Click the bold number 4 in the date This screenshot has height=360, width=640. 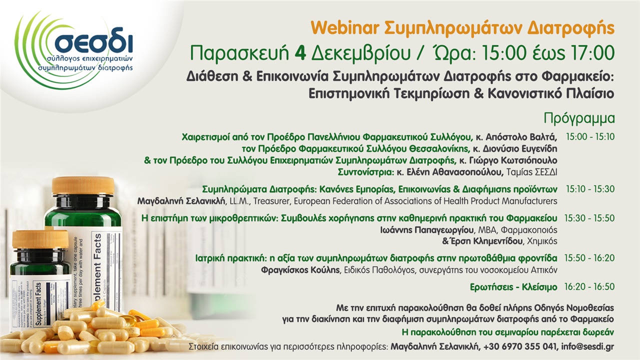click(x=300, y=52)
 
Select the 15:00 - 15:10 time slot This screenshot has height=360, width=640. click(x=590, y=136)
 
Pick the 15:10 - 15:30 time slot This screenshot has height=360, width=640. click(x=590, y=189)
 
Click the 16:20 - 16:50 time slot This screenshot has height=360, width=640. click(x=590, y=287)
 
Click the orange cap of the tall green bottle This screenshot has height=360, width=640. click(x=83, y=185)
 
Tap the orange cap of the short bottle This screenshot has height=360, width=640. click(x=40, y=239)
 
